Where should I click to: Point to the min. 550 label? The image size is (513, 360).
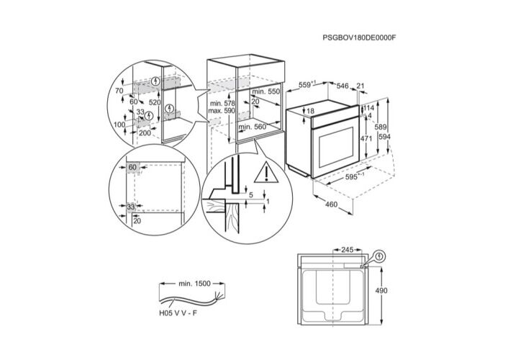click(265, 92)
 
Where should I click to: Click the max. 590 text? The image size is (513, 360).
click(220, 112)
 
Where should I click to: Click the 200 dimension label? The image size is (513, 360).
click(145, 133)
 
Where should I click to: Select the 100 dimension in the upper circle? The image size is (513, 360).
click(119, 125)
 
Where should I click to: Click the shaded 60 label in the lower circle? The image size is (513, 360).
click(133, 168)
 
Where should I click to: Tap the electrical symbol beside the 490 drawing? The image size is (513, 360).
click(379, 254)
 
